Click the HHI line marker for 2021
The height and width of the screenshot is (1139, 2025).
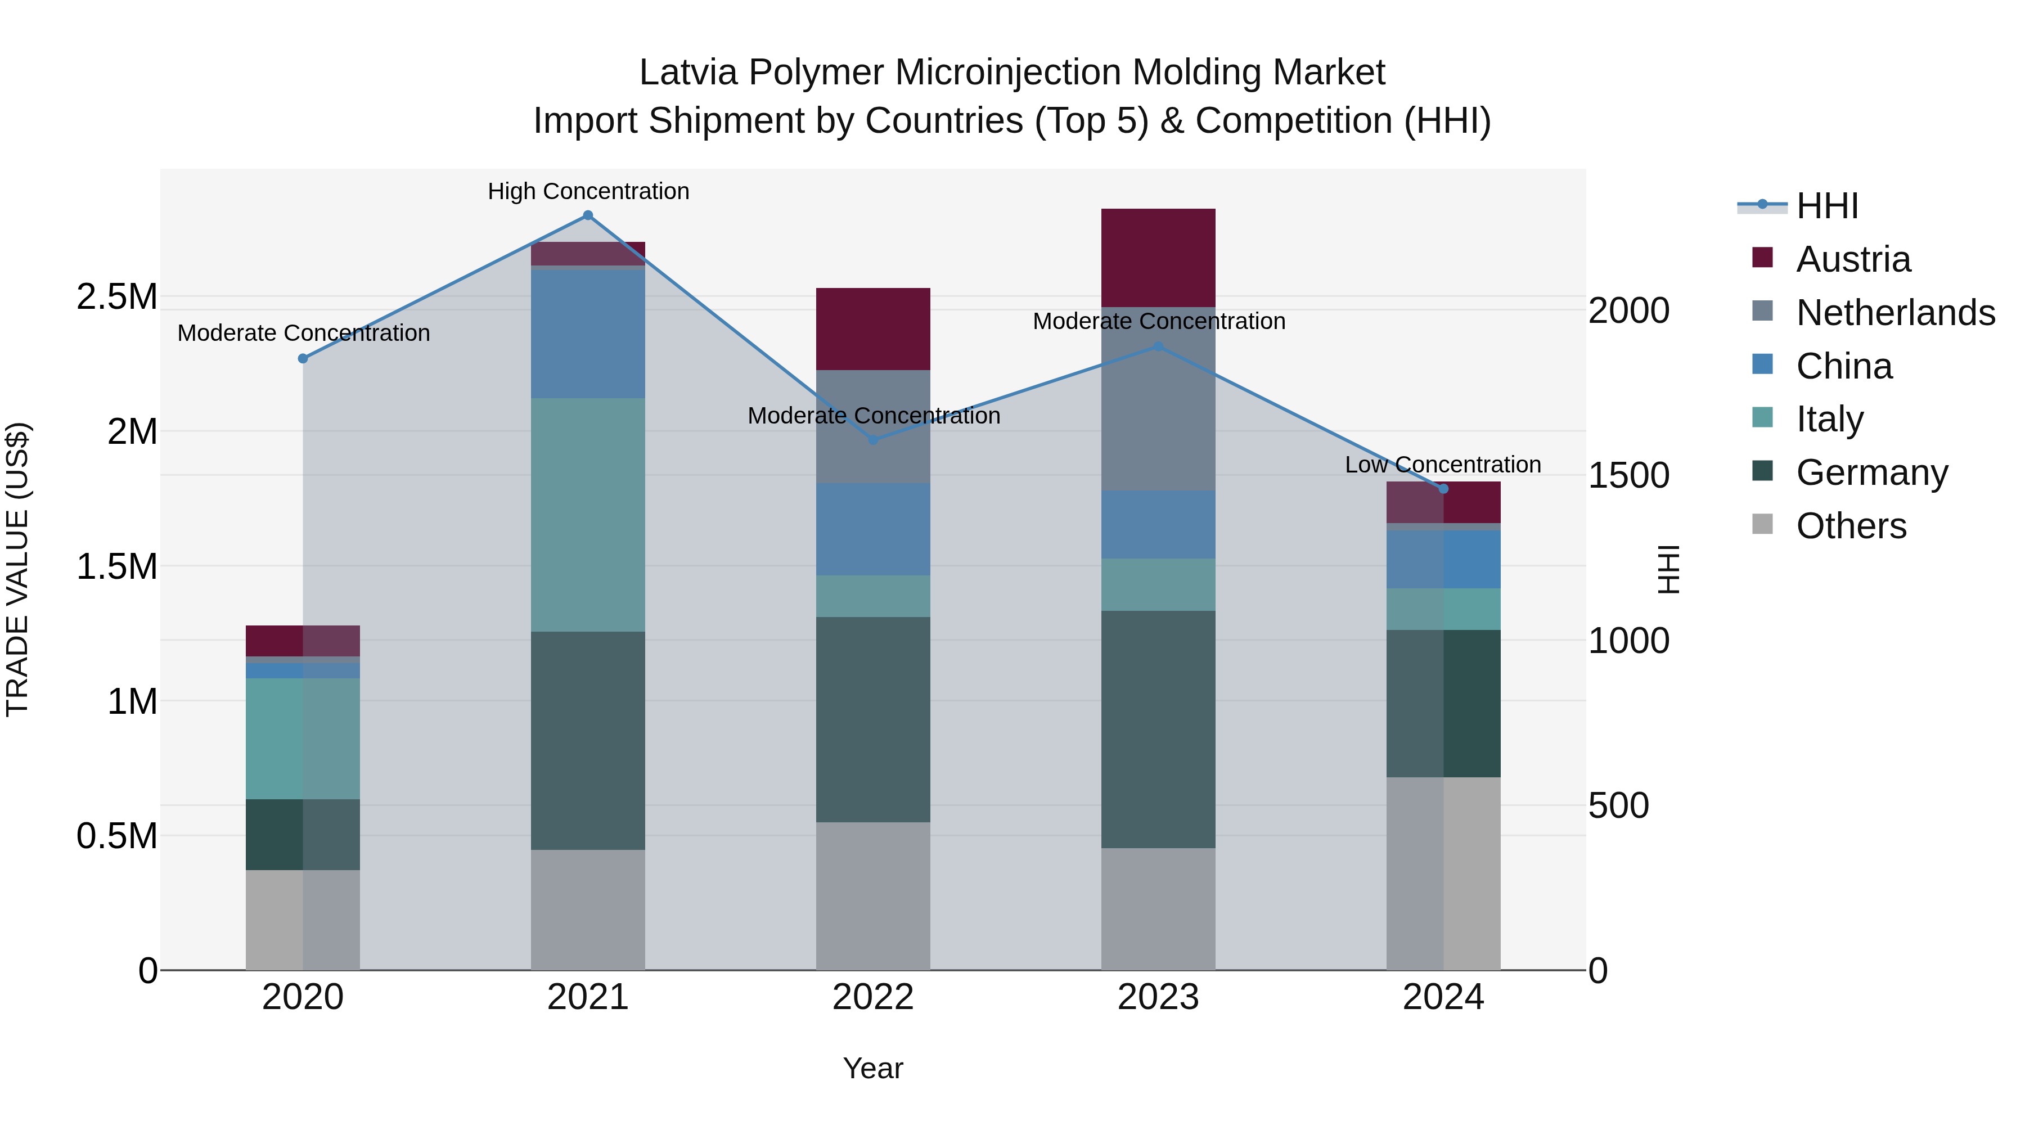[x=587, y=215]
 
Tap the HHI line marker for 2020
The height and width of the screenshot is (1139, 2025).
[x=303, y=358]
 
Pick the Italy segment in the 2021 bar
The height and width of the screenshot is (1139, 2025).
[x=587, y=515]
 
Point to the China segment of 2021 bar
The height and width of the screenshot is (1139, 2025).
[x=587, y=334]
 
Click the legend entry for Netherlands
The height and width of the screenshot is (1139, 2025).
[x=1894, y=313]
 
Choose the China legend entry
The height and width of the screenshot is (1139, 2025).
[x=1843, y=366]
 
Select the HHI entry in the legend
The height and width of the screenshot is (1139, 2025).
[x=1826, y=206]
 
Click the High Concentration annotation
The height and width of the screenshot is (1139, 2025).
[x=588, y=191]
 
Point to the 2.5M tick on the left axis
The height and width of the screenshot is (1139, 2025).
[x=117, y=297]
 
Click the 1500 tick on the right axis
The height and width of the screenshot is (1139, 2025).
[x=1628, y=475]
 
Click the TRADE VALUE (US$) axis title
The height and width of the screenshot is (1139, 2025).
[x=17, y=569]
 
